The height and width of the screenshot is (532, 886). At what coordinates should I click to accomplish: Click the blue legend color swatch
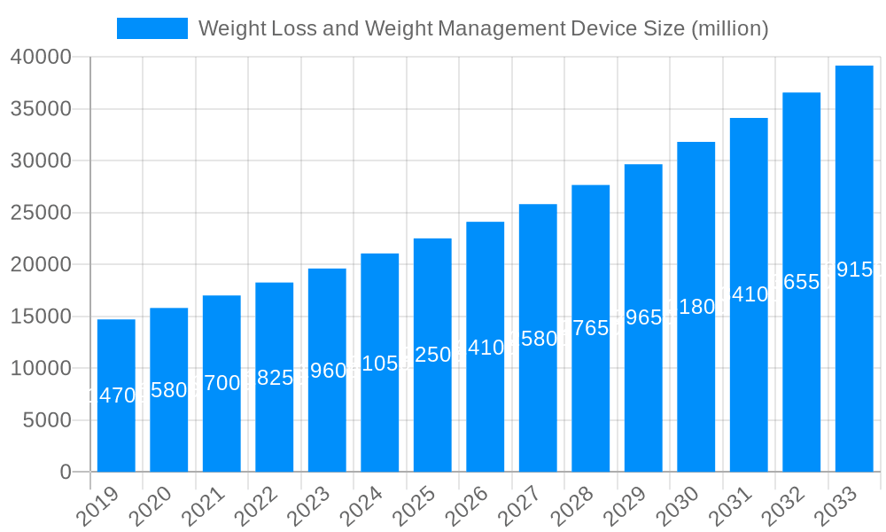coord(152,28)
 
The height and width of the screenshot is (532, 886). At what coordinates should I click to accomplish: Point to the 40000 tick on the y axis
coord(41,58)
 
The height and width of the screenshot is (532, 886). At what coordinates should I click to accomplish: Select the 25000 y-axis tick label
coord(41,213)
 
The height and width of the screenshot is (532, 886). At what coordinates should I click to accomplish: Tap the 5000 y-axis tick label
coord(46,420)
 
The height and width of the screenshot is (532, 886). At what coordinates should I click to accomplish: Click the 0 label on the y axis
coord(65,473)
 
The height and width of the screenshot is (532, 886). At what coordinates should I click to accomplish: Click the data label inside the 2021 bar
coord(221,383)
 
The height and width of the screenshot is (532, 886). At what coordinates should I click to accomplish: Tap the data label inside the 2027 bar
coord(538,339)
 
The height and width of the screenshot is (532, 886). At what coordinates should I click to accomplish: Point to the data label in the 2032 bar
coord(801,282)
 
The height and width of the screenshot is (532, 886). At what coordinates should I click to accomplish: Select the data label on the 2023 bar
coord(327,371)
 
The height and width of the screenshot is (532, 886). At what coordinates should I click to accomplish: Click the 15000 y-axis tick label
coord(41,317)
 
